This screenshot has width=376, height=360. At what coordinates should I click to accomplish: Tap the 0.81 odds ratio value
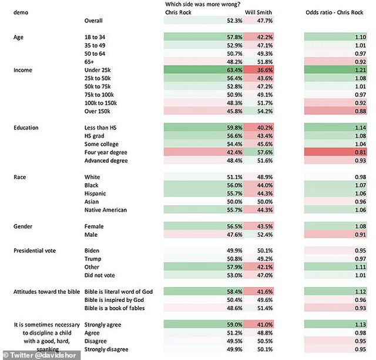360,152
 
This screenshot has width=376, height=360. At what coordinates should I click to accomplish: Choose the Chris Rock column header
179,12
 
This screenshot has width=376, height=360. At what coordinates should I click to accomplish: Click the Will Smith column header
258,12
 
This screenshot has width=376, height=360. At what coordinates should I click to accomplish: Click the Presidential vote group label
36,251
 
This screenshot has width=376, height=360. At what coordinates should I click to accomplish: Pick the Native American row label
105,210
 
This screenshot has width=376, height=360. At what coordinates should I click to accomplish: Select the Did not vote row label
101,275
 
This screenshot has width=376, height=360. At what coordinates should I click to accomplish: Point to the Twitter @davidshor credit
26,354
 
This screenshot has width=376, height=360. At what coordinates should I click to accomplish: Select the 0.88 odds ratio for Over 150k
360,111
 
